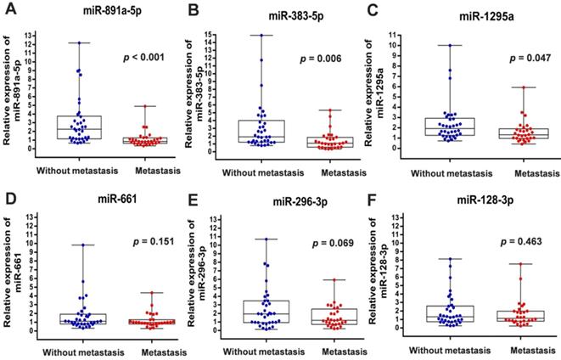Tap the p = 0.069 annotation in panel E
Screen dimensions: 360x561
click(x=327, y=245)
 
